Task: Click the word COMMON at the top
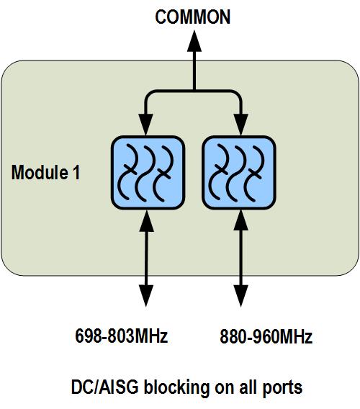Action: click(x=192, y=17)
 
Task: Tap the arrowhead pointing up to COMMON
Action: click(x=194, y=41)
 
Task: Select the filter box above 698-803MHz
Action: click(x=148, y=173)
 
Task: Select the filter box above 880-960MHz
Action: click(x=239, y=173)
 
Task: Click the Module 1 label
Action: click(x=45, y=172)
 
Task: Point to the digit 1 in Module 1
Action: click(x=76, y=172)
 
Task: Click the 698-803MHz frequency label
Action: click(x=121, y=336)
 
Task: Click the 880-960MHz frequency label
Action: click(x=266, y=336)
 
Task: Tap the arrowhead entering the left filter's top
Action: click(x=145, y=125)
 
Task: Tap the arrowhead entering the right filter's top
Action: click(x=240, y=125)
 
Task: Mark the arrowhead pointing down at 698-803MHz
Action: click(x=146, y=296)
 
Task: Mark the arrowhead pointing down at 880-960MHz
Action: click(x=240, y=296)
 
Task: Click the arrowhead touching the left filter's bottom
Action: click(x=147, y=220)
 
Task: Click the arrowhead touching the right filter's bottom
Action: click(x=240, y=220)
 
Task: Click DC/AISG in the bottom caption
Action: click(x=105, y=387)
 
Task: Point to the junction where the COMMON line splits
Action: click(x=194, y=91)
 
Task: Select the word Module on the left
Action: click(x=40, y=172)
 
